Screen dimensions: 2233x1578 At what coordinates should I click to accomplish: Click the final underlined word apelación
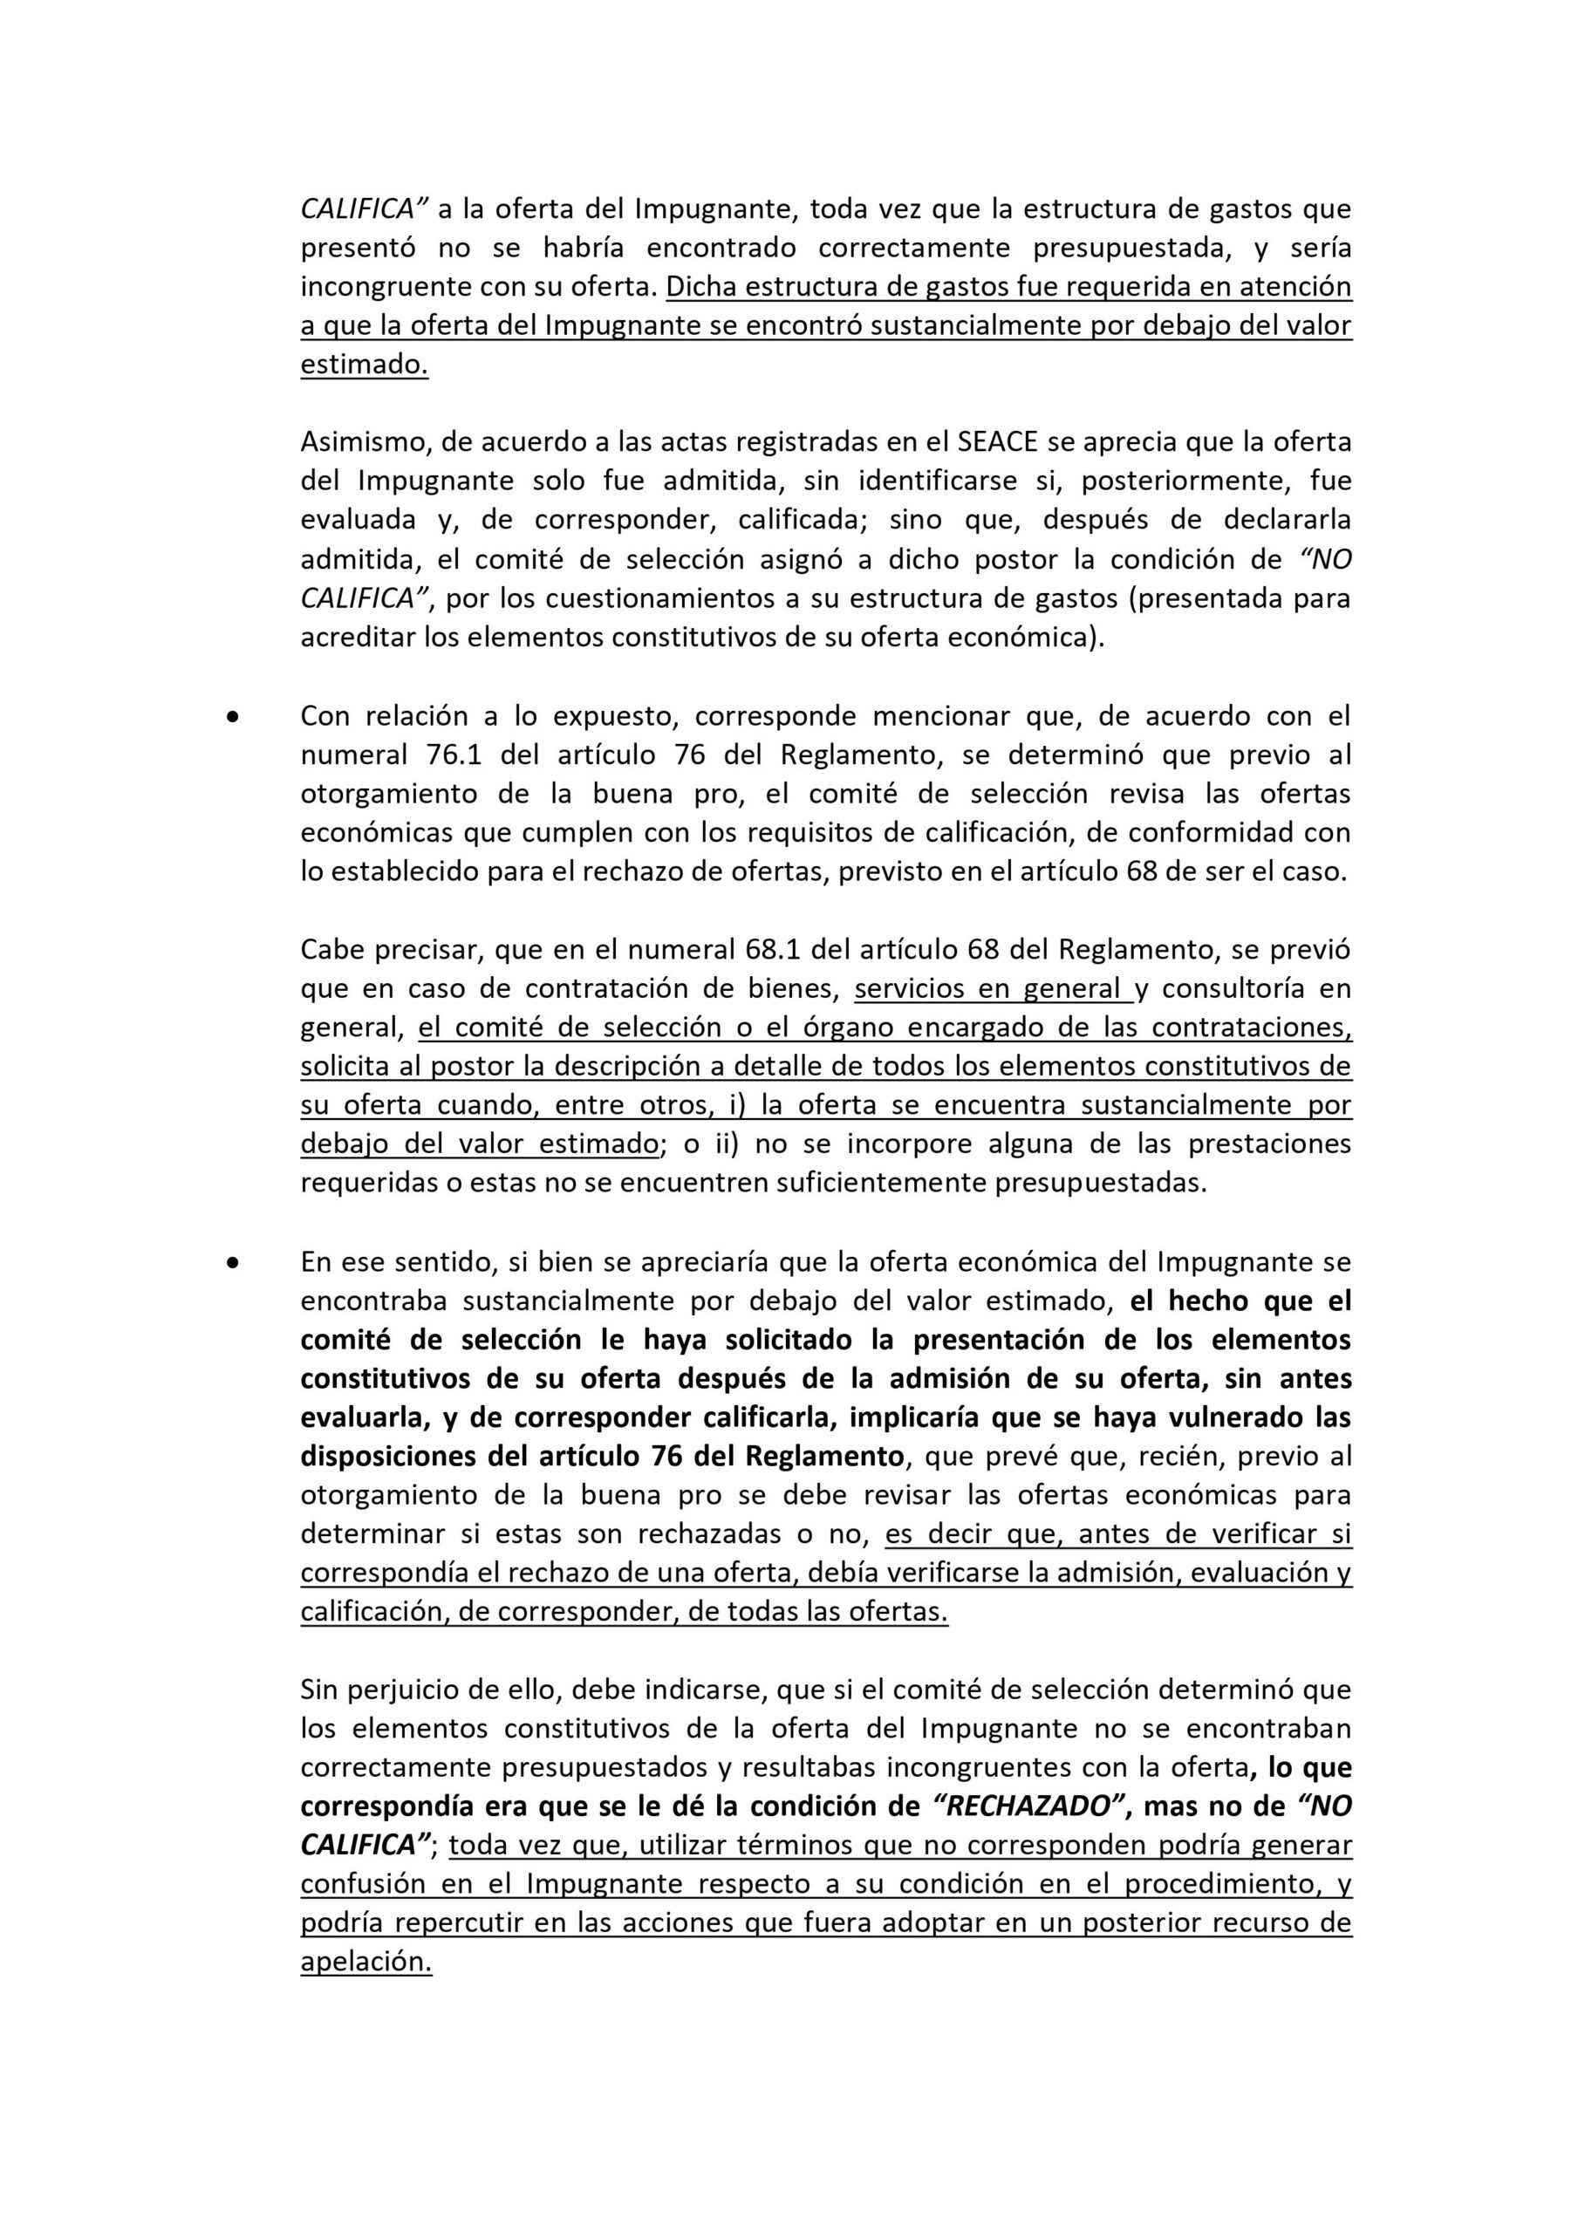click(x=365, y=1962)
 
